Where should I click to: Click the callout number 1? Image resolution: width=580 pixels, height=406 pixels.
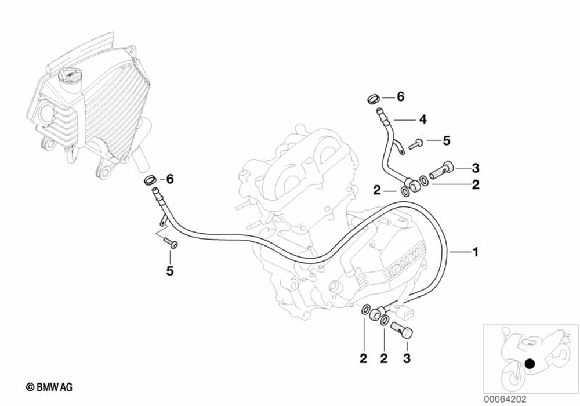[x=475, y=252]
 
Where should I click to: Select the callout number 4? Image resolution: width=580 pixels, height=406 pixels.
[x=422, y=119]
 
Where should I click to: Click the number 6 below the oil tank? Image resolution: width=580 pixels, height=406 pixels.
[x=170, y=179]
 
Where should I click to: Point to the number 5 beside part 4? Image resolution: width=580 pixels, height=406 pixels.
[x=446, y=140]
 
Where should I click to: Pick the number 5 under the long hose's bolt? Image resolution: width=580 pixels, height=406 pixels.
[x=170, y=270]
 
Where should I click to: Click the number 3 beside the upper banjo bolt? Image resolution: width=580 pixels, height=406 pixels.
[x=475, y=169]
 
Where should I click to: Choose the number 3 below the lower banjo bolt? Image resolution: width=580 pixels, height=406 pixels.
[x=407, y=359]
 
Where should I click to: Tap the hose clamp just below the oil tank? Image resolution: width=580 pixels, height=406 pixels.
[x=151, y=179]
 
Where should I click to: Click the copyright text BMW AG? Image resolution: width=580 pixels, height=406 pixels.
[x=49, y=387]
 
